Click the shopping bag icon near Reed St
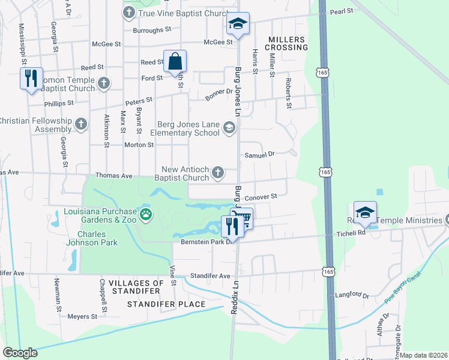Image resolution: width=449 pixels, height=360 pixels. coord(175,61)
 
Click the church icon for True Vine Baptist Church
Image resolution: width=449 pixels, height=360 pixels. coord(130,13)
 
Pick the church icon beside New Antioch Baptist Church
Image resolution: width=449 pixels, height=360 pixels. coord(218,173)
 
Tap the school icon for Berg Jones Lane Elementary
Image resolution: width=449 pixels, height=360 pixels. coord(229,127)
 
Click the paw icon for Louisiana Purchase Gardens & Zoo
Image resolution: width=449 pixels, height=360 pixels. coord(145,214)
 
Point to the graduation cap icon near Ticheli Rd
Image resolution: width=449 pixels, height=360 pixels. coord(364,212)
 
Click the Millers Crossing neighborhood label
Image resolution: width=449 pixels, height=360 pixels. coord(288,43)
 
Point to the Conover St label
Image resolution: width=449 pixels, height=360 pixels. coord(261,196)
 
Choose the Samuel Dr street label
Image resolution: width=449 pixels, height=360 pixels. coord(259,154)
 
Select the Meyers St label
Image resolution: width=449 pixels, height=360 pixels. coord(82,316)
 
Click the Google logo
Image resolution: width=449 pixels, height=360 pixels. coord(20,353)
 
